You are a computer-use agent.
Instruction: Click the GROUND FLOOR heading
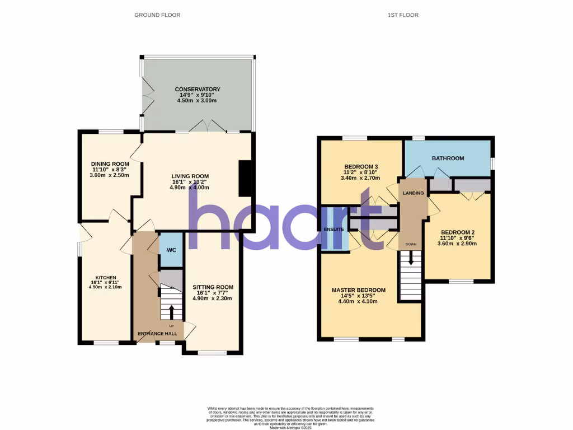(x=157, y=15)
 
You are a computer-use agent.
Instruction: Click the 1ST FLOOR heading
(x=403, y=15)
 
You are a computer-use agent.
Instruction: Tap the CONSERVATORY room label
(x=198, y=90)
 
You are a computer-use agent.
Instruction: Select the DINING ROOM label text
(x=110, y=164)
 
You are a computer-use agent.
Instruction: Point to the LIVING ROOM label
(x=190, y=176)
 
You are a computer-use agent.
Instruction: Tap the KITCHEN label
(x=105, y=278)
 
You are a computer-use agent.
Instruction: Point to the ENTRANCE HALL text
(x=157, y=334)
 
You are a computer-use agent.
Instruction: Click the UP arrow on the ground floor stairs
(x=171, y=311)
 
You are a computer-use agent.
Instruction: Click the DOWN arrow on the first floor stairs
(x=411, y=258)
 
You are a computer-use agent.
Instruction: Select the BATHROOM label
(x=448, y=158)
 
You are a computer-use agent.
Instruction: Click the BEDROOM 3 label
(x=361, y=167)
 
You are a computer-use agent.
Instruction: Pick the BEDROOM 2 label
(x=458, y=233)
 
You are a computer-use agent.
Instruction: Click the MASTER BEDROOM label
(x=358, y=290)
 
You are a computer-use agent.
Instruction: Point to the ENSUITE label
(x=334, y=229)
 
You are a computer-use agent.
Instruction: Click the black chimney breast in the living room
(x=245, y=179)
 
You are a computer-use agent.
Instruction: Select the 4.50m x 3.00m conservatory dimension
(x=197, y=101)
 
